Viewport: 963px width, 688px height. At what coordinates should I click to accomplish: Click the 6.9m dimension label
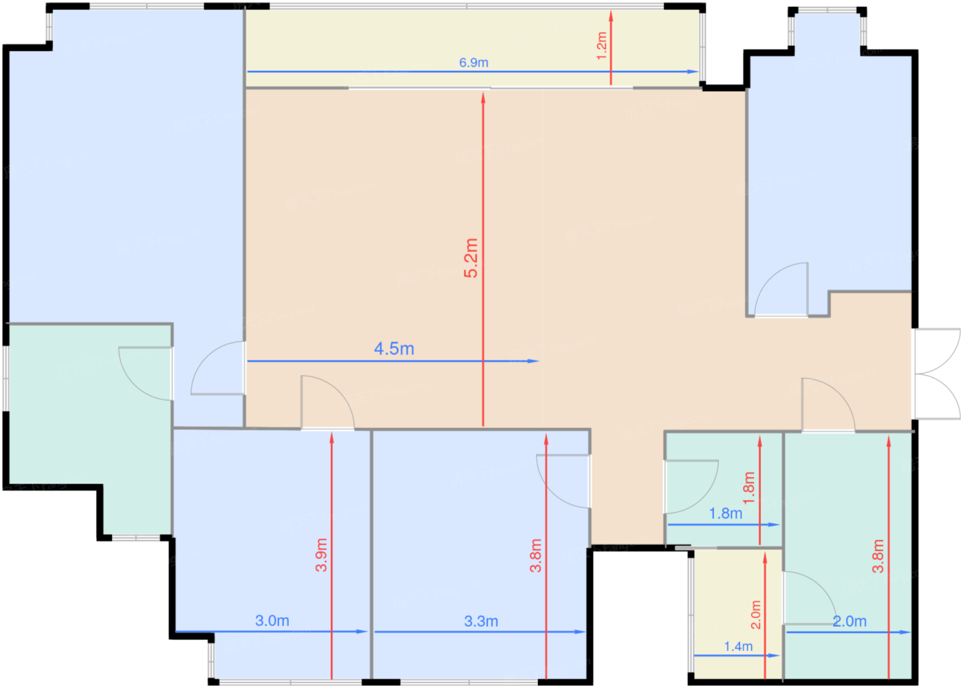474,63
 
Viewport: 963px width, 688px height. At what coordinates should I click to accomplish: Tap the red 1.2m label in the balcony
602,45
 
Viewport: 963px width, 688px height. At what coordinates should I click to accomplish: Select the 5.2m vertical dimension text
470,258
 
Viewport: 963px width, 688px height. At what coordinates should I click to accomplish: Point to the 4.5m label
394,349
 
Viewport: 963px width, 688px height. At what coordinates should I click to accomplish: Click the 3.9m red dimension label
321,555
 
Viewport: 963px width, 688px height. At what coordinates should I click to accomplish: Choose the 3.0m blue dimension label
272,621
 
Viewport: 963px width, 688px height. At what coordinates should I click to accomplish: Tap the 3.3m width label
481,621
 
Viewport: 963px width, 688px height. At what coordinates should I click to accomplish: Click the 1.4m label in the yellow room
738,647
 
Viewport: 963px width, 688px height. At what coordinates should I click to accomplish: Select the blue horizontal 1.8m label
726,513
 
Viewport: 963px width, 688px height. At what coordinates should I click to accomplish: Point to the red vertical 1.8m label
749,487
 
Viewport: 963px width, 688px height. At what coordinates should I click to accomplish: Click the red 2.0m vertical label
755,614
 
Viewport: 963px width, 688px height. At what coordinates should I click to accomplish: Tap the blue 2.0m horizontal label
850,621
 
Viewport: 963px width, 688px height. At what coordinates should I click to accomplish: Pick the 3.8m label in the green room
878,556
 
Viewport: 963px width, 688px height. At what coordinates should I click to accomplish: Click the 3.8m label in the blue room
536,555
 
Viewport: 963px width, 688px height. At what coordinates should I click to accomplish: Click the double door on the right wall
937,374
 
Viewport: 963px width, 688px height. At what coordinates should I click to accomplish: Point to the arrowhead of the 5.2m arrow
484,97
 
